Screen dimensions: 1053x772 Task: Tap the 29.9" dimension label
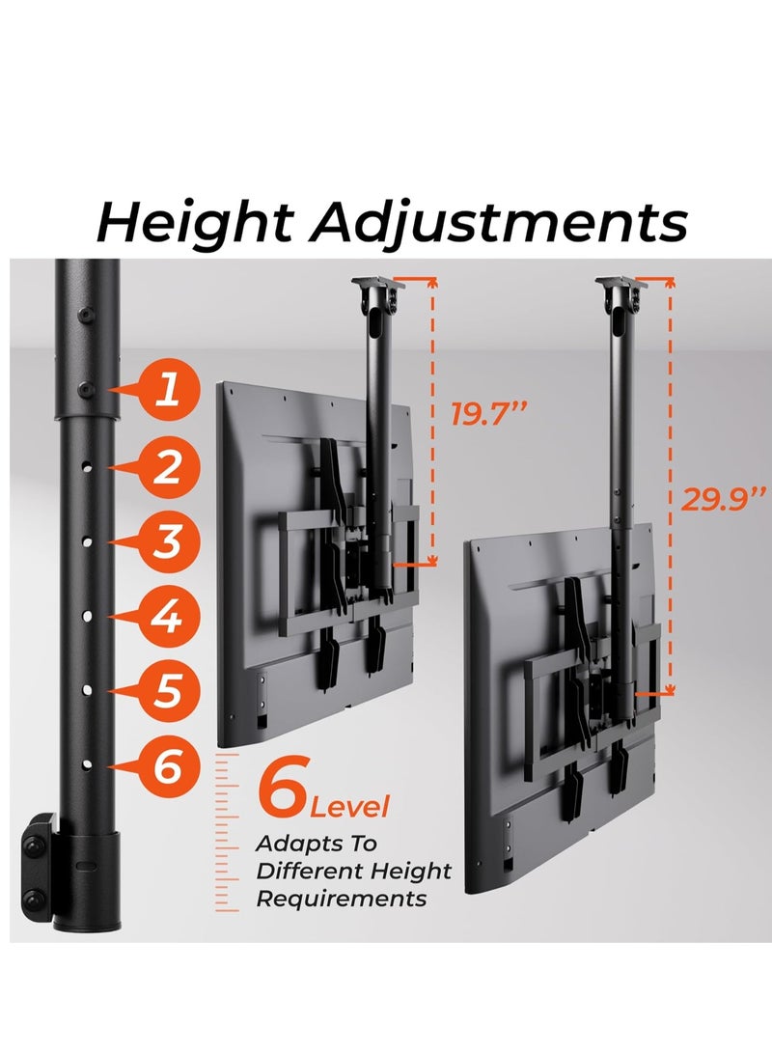click(x=724, y=499)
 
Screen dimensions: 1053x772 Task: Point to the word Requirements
click(x=341, y=899)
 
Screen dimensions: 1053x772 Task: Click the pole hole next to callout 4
click(x=87, y=614)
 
